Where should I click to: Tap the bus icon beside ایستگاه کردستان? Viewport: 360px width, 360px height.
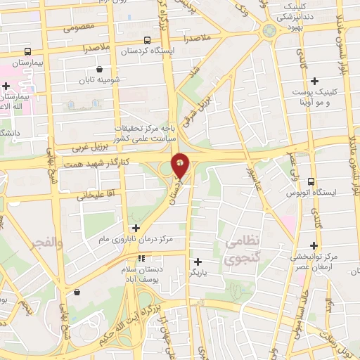pos(147,40)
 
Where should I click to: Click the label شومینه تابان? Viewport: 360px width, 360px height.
pos(99,79)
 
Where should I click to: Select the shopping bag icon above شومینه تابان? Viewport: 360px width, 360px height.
pos(100,70)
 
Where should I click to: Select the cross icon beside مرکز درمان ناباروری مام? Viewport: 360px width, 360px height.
pos(136,228)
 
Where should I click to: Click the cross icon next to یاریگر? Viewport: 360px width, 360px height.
pos(197,262)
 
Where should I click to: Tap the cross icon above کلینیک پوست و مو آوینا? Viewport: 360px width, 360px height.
pos(315,81)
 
